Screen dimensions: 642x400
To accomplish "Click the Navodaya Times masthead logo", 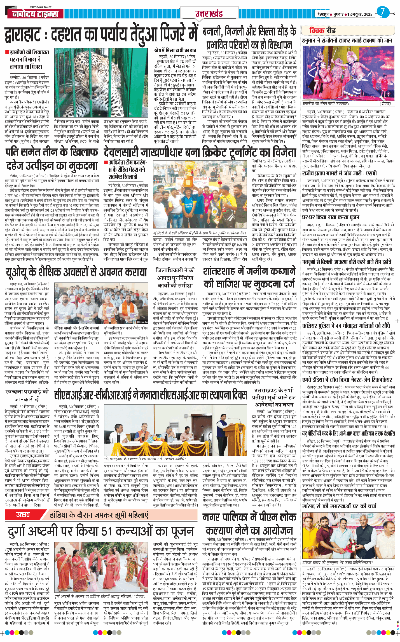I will pyautogui.click(x=35, y=13).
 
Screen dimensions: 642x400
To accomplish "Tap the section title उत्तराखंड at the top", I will pyautogui.click(x=209, y=14).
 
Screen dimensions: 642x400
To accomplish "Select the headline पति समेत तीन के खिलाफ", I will pyautogui.click(x=52, y=152).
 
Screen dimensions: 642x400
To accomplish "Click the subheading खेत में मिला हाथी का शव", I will pyautogui.click(x=171, y=51).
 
